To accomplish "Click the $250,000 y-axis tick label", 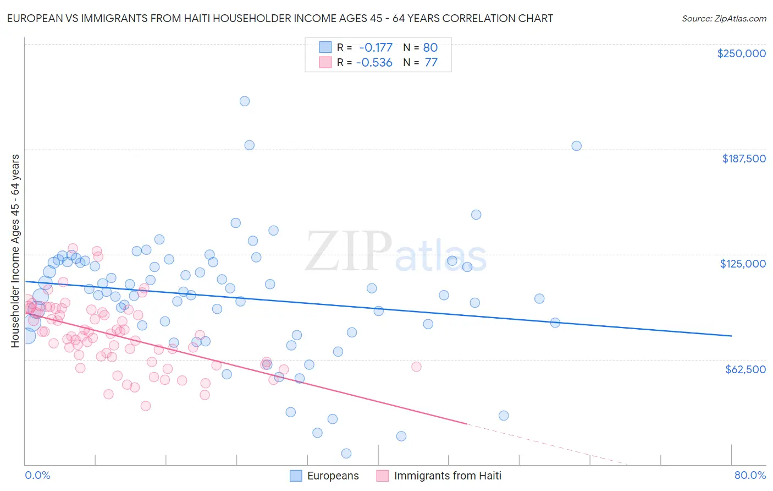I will point(741,53).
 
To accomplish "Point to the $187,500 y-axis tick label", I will point(744,159).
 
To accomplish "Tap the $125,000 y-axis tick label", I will point(743,264).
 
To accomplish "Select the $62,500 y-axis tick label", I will point(746,369).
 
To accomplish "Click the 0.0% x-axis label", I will point(38,475).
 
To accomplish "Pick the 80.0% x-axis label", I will point(750,475).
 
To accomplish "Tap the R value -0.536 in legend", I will point(374,63).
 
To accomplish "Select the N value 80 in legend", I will point(430,47).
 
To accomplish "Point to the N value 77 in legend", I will point(431,63).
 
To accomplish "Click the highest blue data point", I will point(245,101).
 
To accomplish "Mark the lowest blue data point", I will point(346,454).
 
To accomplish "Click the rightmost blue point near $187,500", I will point(576,146).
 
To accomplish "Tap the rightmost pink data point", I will point(416,367).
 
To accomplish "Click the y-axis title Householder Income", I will point(15,250).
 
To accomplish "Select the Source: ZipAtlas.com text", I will point(724,18).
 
